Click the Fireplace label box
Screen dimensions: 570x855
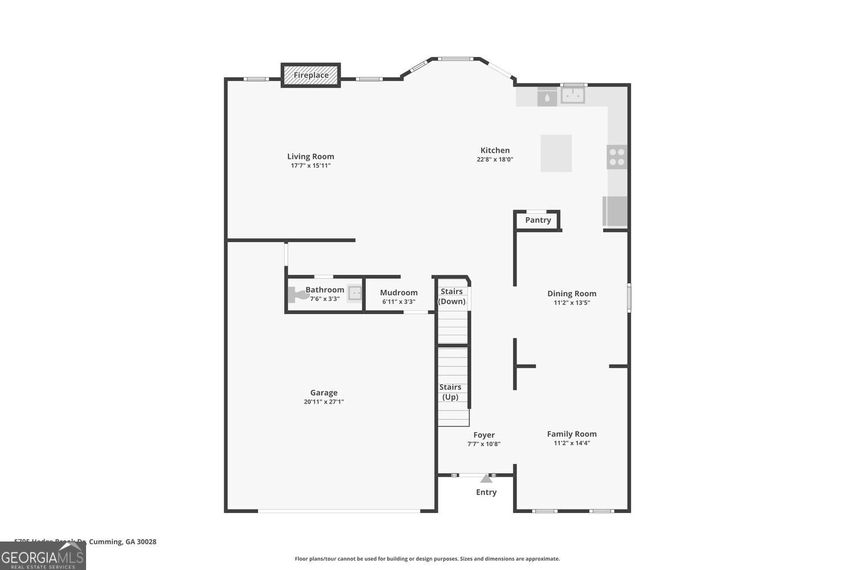pyautogui.click(x=311, y=75)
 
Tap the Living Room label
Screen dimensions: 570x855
pyautogui.click(x=311, y=156)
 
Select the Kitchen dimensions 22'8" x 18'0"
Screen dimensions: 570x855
pyautogui.click(x=495, y=160)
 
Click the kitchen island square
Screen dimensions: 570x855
pyautogui.click(x=556, y=153)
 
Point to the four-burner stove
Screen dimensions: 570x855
pyautogui.click(x=616, y=157)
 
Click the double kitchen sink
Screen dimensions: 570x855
pyautogui.click(x=572, y=96)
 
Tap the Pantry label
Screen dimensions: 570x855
pyautogui.click(x=538, y=220)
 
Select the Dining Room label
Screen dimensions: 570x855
pyautogui.click(x=572, y=294)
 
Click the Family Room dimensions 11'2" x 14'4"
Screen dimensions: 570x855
pyautogui.click(x=572, y=443)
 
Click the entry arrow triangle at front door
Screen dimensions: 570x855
pyautogui.click(x=486, y=479)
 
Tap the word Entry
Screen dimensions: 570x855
pyautogui.click(x=486, y=492)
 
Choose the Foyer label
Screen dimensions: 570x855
pyautogui.click(x=484, y=435)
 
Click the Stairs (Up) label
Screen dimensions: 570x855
pyautogui.click(x=450, y=392)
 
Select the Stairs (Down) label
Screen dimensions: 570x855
pyautogui.click(x=451, y=296)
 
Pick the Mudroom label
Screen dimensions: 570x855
pyautogui.click(x=398, y=292)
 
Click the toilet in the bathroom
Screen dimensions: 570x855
pyautogui.click(x=298, y=295)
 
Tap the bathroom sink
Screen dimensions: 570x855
pyautogui.click(x=355, y=294)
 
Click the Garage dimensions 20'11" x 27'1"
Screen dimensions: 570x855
pyautogui.click(x=324, y=402)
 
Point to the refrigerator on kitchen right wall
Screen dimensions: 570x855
pyautogui.click(x=615, y=211)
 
